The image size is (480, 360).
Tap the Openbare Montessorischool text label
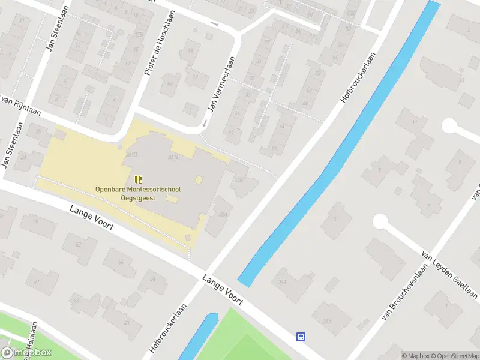[x=138, y=190]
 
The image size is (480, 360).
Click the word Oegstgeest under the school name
[x=138, y=198]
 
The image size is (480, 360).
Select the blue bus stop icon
[x=301, y=337]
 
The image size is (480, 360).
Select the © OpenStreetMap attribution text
[x=454, y=356]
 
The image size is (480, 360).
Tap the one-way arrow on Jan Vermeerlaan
[x=205, y=123]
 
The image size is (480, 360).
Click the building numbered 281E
[x=174, y=157]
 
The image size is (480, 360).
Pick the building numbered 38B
[x=241, y=180]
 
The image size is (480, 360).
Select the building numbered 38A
[x=223, y=214]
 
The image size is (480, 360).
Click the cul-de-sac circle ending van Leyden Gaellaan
[x=380, y=221]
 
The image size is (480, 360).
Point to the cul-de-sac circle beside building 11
[x=449, y=125]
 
